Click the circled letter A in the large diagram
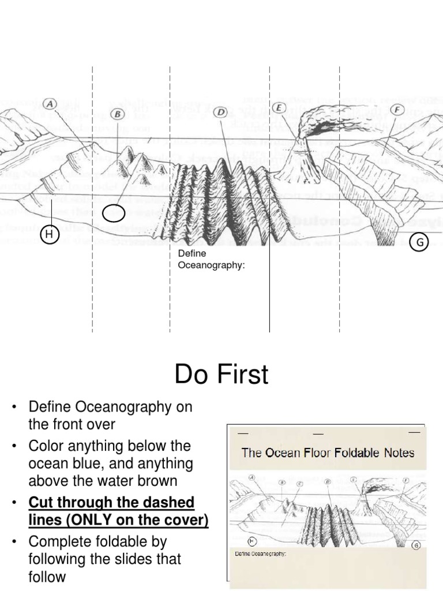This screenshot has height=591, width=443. (50, 104)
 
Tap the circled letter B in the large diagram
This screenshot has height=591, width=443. (118, 114)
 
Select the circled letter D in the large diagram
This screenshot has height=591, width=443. (220, 112)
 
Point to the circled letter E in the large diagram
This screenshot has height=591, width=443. (279, 107)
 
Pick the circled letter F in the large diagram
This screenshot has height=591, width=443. (397, 110)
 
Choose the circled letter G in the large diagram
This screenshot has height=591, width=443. (419, 242)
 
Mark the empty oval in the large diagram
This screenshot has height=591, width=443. (114, 214)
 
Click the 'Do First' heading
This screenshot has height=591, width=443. (221, 375)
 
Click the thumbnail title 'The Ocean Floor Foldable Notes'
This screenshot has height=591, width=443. (328, 452)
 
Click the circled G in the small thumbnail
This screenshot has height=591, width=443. (416, 545)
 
